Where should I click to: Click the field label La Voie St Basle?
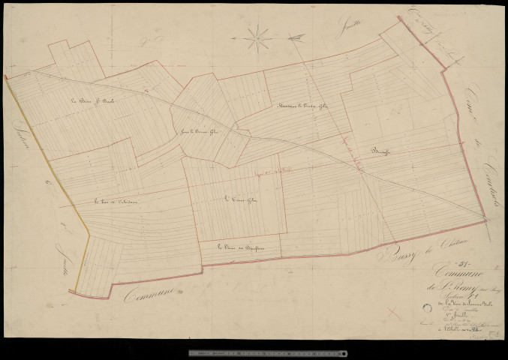coord(86,103)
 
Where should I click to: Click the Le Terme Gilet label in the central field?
coord(236,199)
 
